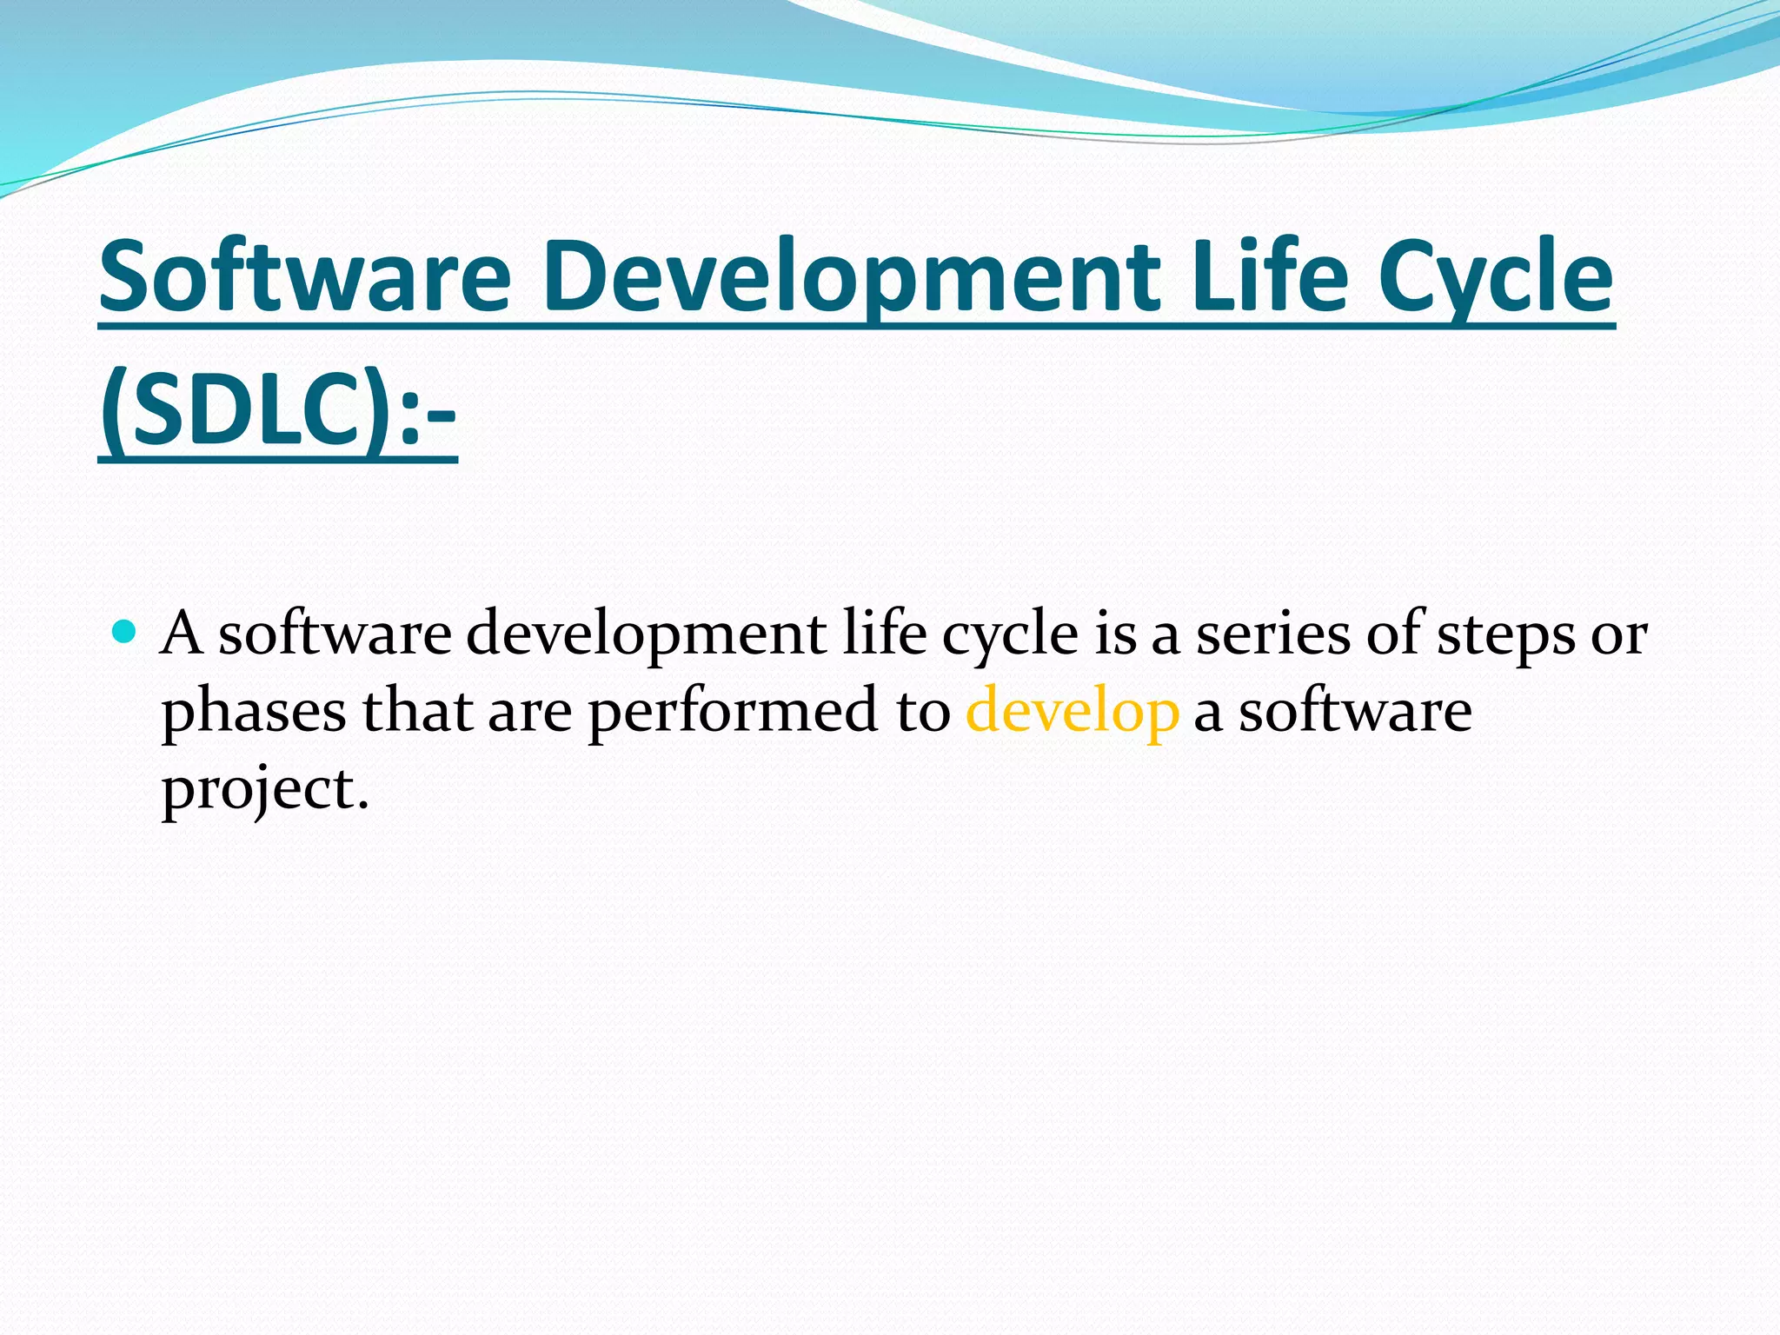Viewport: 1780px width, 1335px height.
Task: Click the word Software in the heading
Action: [305, 276]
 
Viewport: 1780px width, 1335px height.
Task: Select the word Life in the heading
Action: [1269, 276]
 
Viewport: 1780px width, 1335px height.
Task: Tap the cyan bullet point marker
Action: [125, 631]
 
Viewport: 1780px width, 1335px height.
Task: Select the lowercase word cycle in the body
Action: [1010, 634]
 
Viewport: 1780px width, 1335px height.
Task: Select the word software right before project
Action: [1355, 711]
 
